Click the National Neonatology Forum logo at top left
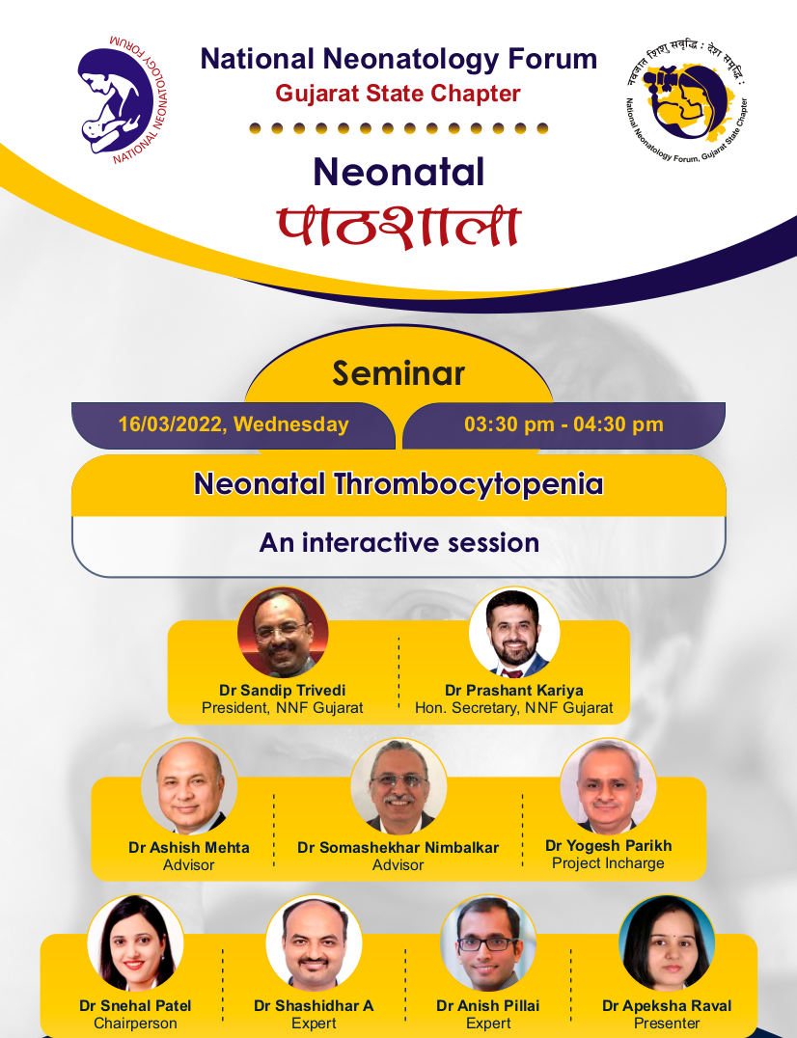124,99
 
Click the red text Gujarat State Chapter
398,94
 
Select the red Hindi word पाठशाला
398,227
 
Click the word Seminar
398,372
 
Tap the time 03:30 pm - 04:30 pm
563,424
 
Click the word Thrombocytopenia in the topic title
468,484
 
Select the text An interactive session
399,543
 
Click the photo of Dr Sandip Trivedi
283,632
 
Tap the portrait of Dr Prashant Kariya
514,632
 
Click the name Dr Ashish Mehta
189,847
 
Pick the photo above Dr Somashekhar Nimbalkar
398,786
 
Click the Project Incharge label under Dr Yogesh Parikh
608,863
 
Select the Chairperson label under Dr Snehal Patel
135,1024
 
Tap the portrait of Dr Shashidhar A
314,942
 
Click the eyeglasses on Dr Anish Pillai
488,944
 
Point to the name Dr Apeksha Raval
667,1006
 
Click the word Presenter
667,1024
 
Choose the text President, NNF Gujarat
283,708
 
